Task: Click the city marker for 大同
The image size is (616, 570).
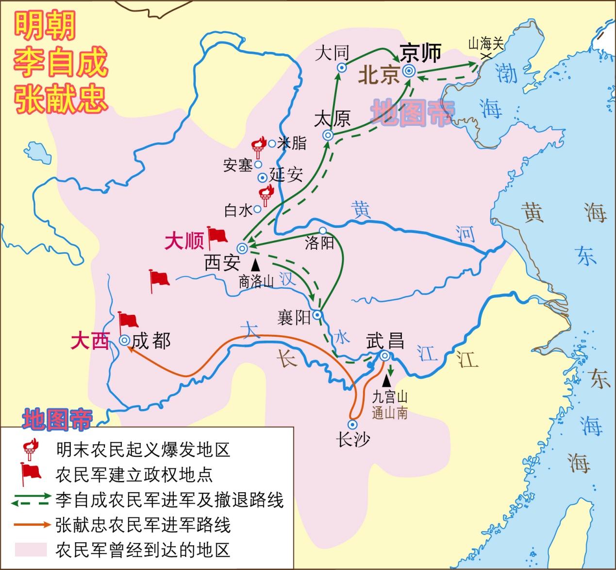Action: pos(341,69)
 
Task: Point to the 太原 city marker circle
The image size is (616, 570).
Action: pos(328,135)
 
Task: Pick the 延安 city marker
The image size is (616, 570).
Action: pos(263,177)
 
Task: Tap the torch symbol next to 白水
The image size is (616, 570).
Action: pos(265,196)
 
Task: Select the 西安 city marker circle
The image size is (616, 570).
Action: pos(242,248)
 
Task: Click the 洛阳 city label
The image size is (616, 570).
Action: pos(319,243)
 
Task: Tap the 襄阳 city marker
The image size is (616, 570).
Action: pos(317,315)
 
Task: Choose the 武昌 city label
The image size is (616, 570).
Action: pos(385,341)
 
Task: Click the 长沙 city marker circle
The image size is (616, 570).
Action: pos(353,424)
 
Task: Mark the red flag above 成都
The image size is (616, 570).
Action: pos(128,321)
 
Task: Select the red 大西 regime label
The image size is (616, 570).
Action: pos(90,342)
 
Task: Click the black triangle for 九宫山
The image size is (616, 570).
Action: pos(387,381)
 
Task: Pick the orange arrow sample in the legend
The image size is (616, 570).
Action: pos(32,524)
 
